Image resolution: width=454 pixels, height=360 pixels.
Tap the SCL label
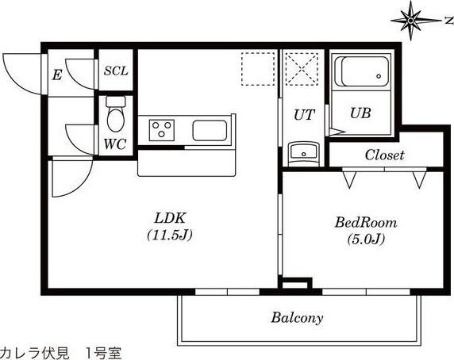coord(116,70)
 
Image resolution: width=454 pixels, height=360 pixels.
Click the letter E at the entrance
coord(56,75)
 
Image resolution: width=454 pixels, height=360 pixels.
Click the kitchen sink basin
coord(211,129)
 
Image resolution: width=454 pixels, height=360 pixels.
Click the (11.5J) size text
coord(170,236)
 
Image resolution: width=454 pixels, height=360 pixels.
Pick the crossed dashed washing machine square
coord(302,69)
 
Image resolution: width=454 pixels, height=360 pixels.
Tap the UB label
coord(360,113)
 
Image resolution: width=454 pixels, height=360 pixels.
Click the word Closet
coord(385,155)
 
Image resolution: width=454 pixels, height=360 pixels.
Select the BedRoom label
coord(365,224)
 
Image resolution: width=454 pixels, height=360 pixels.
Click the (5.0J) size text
coord(365,239)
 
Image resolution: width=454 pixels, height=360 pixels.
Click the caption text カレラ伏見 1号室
coord(61,351)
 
